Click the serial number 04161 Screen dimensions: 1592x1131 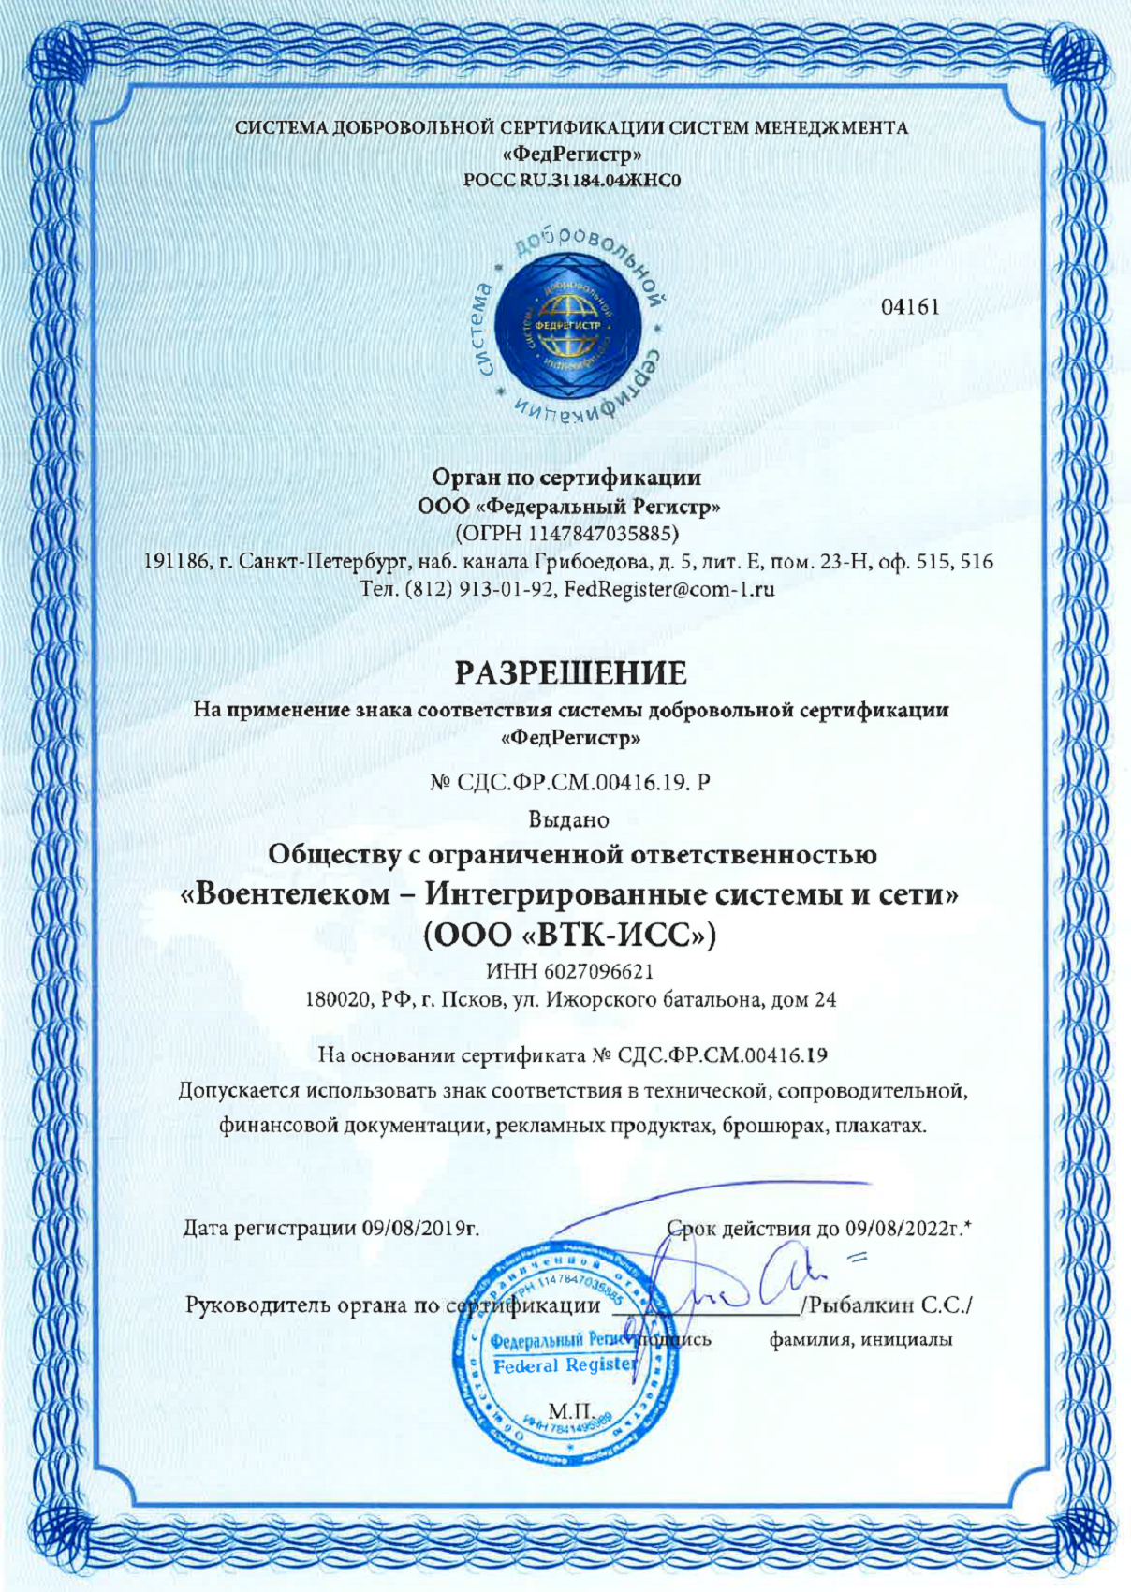pos(910,306)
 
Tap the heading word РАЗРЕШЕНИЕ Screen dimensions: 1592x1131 pos(571,672)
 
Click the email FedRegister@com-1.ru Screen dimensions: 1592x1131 pos(669,590)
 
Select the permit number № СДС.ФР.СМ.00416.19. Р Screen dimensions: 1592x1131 pos(569,781)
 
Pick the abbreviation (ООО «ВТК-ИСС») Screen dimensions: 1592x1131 pos(570,935)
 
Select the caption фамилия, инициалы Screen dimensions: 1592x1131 pos(860,1340)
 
